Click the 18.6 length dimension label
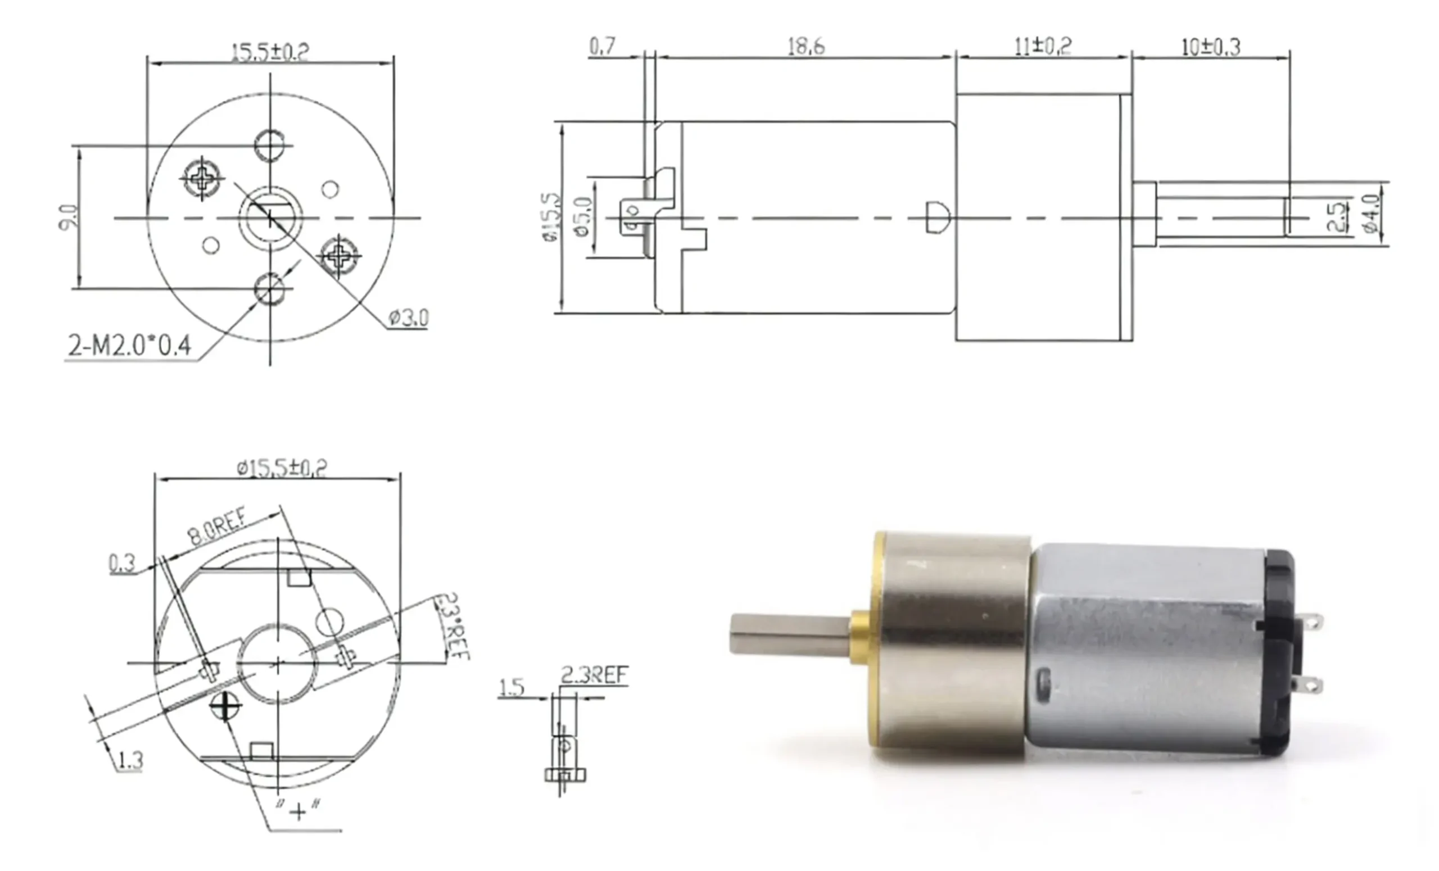(x=806, y=47)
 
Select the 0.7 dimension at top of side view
(x=602, y=46)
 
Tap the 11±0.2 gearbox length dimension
(x=1043, y=46)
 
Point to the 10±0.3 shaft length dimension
(x=1211, y=47)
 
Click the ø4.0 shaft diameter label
(x=1373, y=214)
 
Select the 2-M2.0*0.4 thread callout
(x=130, y=346)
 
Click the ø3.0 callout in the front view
(x=409, y=318)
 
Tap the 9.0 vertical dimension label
(x=67, y=217)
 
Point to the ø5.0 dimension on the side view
(x=583, y=216)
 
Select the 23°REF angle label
(x=453, y=627)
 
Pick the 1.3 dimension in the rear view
(x=130, y=760)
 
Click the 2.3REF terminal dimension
(x=594, y=675)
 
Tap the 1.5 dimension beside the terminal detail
(x=512, y=687)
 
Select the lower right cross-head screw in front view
(x=339, y=255)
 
